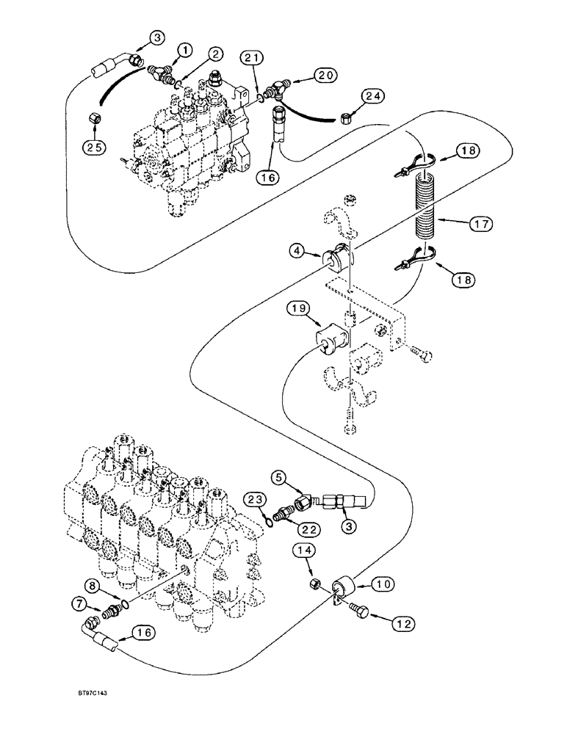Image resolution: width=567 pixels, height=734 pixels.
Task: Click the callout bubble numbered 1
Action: point(184,49)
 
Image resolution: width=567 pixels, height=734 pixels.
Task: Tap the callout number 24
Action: point(372,97)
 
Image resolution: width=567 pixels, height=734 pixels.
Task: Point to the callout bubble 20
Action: point(325,75)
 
